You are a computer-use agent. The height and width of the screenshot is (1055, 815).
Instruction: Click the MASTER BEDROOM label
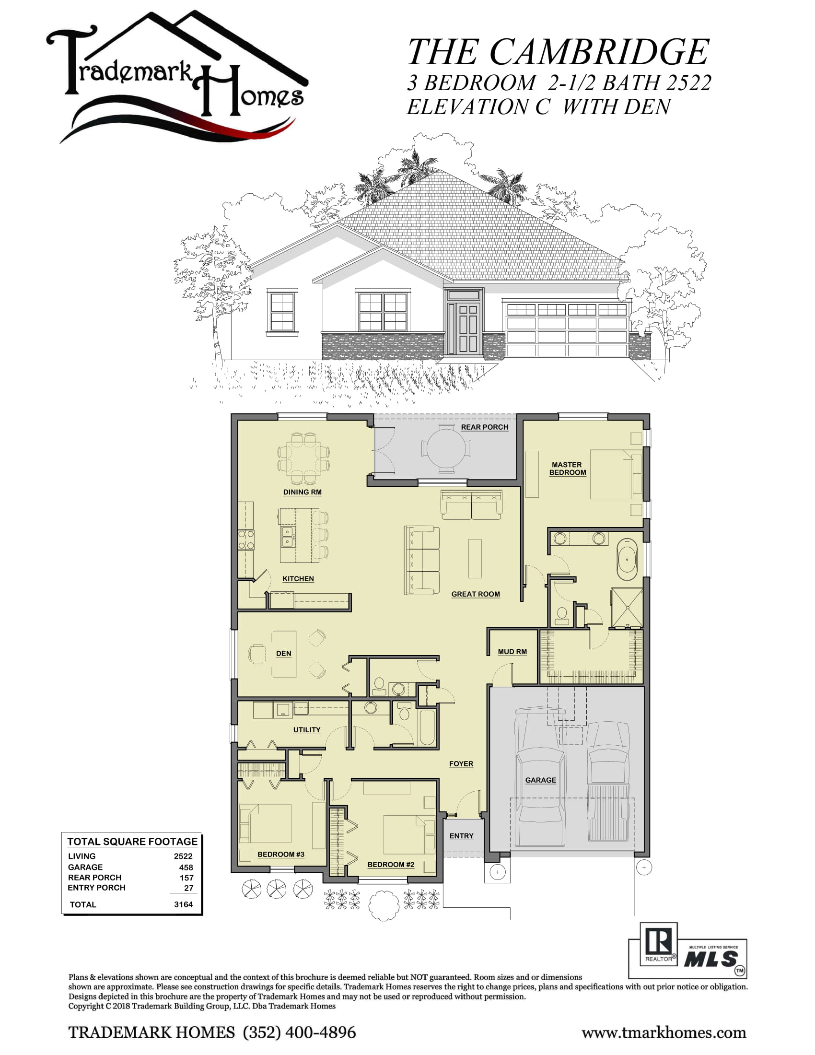pyautogui.click(x=567, y=469)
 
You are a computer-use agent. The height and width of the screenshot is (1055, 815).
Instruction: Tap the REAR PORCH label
pyautogui.click(x=484, y=427)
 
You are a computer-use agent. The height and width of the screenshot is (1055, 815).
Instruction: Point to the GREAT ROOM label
pyautogui.click(x=476, y=594)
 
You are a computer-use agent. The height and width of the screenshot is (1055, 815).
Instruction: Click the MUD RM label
pyautogui.click(x=512, y=652)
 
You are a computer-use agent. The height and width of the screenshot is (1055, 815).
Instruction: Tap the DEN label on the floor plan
pyautogui.click(x=283, y=654)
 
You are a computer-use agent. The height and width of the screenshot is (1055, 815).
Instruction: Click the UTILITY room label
pyautogui.click(x=307, y=730)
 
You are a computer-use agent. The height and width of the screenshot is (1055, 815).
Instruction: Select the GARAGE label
pyautogui.click(x=540, y=780)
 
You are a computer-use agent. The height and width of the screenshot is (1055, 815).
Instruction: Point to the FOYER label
pyautogui.click(x=461, y=764)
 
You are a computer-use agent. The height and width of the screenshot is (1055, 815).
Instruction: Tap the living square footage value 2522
pyautogui.click(x=183, y=856)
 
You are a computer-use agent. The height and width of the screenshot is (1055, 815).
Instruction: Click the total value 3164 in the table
pyautogui.click(x=183, y=904)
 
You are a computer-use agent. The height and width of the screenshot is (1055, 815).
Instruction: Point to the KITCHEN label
pyautogui.click(x=298, y=579)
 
